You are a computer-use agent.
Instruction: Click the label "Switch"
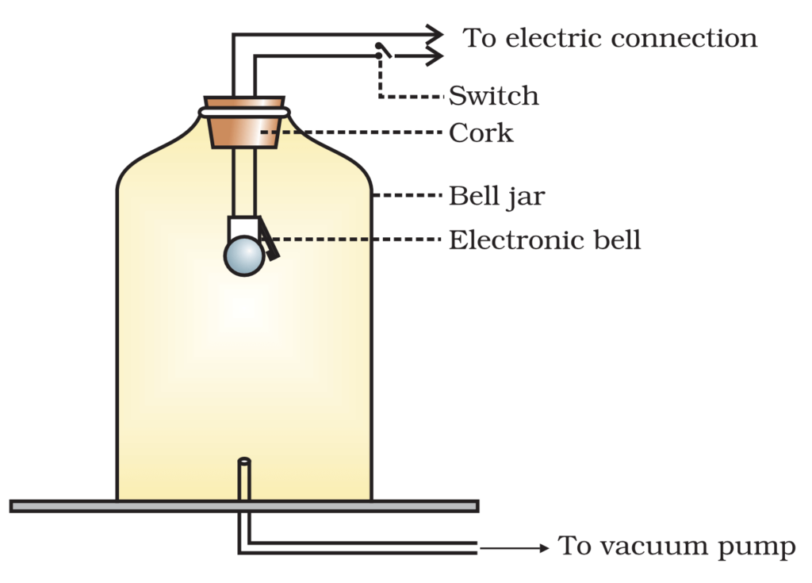point(493,96)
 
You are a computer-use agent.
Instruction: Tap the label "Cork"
point(481,132)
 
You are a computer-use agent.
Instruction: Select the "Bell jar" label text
point(496,195)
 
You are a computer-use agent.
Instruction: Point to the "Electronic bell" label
point(544,240)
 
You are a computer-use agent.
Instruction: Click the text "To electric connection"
point(610,37)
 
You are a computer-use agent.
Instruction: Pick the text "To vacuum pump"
point(676,547)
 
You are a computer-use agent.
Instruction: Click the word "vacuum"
point(650,547)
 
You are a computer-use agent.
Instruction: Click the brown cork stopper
point(244,128)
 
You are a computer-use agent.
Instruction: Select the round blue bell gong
point(244,256)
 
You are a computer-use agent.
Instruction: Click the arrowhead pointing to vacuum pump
point(542,547)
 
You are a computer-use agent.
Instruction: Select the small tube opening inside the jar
point(244,461)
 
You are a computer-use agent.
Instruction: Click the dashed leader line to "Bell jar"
point(408,195)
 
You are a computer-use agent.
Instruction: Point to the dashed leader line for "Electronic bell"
point(357,240)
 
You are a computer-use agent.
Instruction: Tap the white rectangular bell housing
point(241,228)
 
